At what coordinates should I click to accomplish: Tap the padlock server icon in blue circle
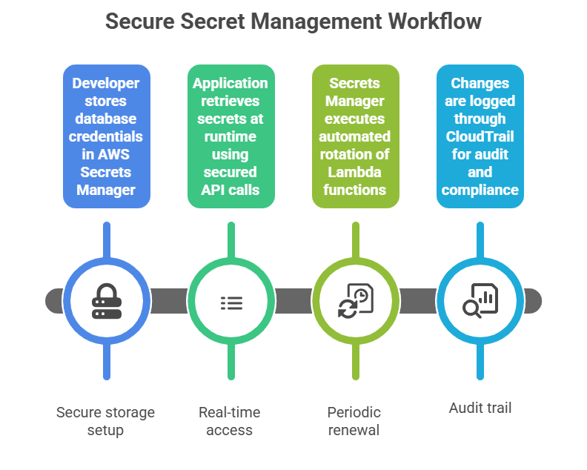107,301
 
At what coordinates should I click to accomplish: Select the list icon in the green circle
231,302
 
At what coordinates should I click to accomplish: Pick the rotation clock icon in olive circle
356,301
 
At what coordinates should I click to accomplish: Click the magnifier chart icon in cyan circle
480,301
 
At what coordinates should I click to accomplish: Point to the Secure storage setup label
107,422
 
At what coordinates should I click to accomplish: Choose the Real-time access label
231,422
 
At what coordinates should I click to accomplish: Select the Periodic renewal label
354,422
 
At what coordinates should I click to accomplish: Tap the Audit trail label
480,408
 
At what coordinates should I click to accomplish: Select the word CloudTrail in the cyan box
480,136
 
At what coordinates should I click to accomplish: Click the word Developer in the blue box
107,83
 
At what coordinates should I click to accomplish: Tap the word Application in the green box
231,83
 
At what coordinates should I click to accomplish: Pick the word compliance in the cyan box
480,190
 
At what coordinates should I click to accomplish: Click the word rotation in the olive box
344,154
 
